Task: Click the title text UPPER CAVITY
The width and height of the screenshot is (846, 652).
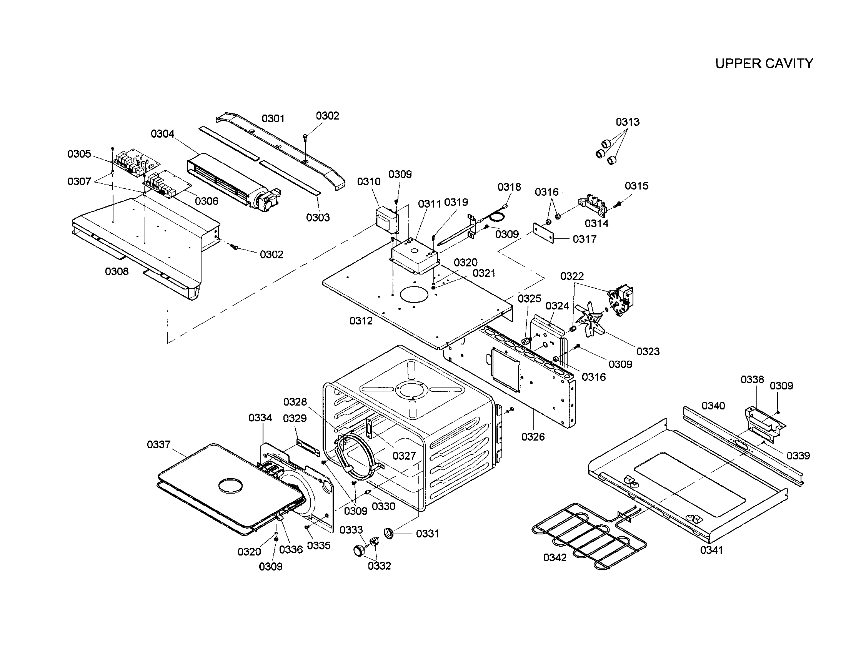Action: click(x=764, y=63)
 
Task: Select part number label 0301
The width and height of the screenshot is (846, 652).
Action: click(x=273, y=118)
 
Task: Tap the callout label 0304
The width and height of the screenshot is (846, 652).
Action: click(x=163, y=134)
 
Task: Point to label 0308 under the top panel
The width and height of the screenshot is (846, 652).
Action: click(x=117, y=271)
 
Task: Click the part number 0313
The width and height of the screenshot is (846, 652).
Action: click(x=628, y=122)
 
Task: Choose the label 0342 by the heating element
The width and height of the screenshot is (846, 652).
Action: click(x=555, y=557)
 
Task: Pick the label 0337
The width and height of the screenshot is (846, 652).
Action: click(x=159, y=444)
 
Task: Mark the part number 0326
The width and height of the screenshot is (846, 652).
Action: click(x=533, y=437)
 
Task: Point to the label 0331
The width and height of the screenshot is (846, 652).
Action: click(x=428, y=534)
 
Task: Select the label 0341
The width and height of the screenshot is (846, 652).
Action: click(x=711, y=550)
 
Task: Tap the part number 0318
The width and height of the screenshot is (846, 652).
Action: click(x=510, y=187)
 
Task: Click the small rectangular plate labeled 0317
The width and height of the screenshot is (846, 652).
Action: click(x=543, y=233)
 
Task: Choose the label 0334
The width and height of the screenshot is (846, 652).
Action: click(x=260, y=418)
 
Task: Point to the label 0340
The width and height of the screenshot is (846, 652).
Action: click(x=713, y=406)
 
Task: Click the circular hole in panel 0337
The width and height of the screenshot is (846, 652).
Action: click(x=231, y=486)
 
